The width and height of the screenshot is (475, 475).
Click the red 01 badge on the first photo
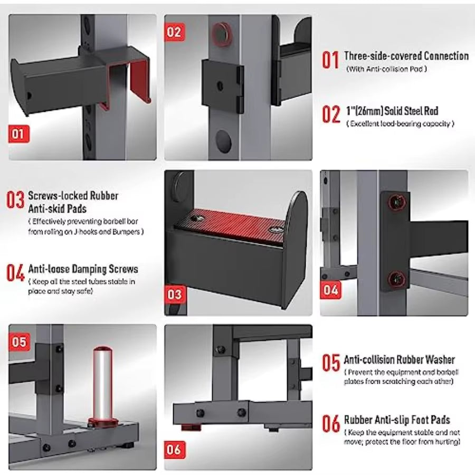click(19, 134)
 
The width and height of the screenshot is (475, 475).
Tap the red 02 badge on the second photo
click(174, 32)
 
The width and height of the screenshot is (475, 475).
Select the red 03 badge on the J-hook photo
click(175, 294)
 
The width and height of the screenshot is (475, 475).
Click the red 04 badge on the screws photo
click(330, 290)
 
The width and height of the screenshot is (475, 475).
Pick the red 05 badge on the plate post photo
click(20, 341)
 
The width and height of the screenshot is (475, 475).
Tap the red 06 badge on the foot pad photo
click(175, 450)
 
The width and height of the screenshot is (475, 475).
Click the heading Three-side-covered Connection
click(406, 56)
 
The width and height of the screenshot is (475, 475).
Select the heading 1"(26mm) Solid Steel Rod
click(393, 111)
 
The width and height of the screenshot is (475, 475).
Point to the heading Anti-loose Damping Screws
click(83, 269)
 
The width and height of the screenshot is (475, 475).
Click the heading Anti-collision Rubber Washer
click(400, 359)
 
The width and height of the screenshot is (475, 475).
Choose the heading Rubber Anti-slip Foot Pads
click(397, 420)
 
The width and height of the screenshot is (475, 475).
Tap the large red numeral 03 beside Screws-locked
click(15, 200)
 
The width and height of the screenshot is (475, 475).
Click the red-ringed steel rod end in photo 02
click(222, 34)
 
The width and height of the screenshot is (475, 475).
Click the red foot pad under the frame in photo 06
click(191, 427)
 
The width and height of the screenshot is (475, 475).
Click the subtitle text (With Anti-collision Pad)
click(386, 69)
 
